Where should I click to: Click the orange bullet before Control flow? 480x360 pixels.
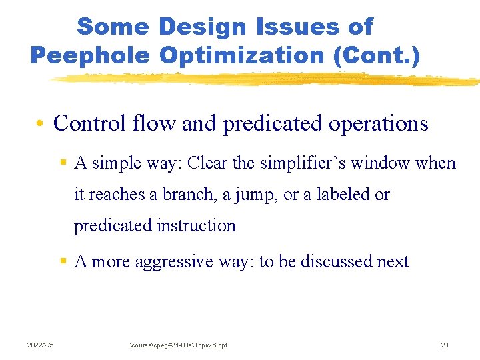41,124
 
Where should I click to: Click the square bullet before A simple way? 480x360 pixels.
63,163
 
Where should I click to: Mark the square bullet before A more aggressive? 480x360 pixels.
63,262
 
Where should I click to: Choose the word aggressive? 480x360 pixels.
175,263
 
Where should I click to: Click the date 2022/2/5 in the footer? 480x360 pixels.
41,345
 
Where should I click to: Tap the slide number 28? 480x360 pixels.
444,345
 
